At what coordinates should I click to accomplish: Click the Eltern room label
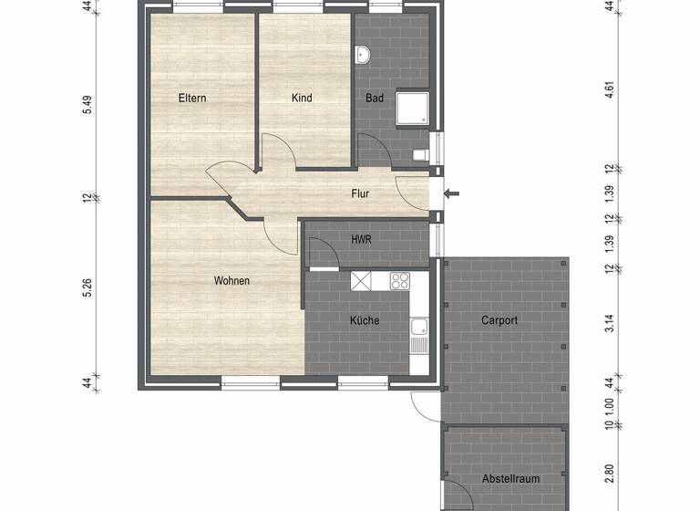(x=191, y=98)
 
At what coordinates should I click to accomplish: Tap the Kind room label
(x=302, y=98)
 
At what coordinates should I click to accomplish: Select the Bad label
(x=375, y=98)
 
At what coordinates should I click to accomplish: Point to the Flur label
(x=362, y=193)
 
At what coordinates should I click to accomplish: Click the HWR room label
(x=361, y=239)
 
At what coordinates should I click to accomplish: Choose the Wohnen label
(x=232, y=281)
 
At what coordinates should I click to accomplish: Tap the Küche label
(x=365, y=320)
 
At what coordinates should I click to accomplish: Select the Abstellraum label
(x=506, y=479)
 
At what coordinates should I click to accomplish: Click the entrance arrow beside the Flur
(x=452, y=193)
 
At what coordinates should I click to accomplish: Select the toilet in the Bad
(x=421, y=154)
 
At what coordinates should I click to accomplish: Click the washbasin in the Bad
(x=364, y=56)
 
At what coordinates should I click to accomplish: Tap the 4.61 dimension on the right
(x=610, y=90)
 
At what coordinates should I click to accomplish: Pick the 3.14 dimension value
(x=610, y=319)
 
